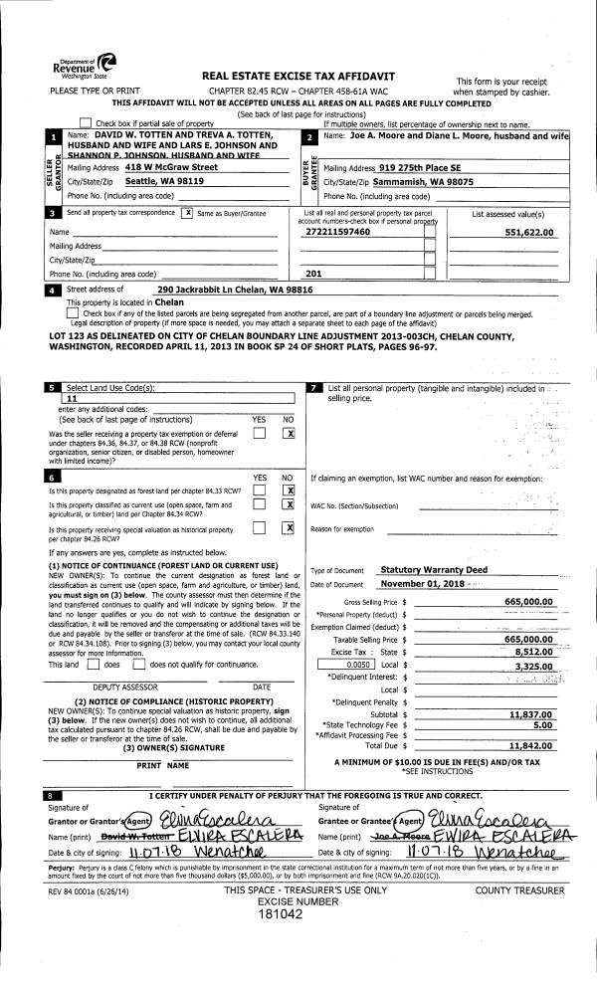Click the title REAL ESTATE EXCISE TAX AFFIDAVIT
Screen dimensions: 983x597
[x=298, y=76]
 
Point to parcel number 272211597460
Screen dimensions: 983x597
[x=337, y=231]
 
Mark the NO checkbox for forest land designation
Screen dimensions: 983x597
[x=289, y=490]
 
